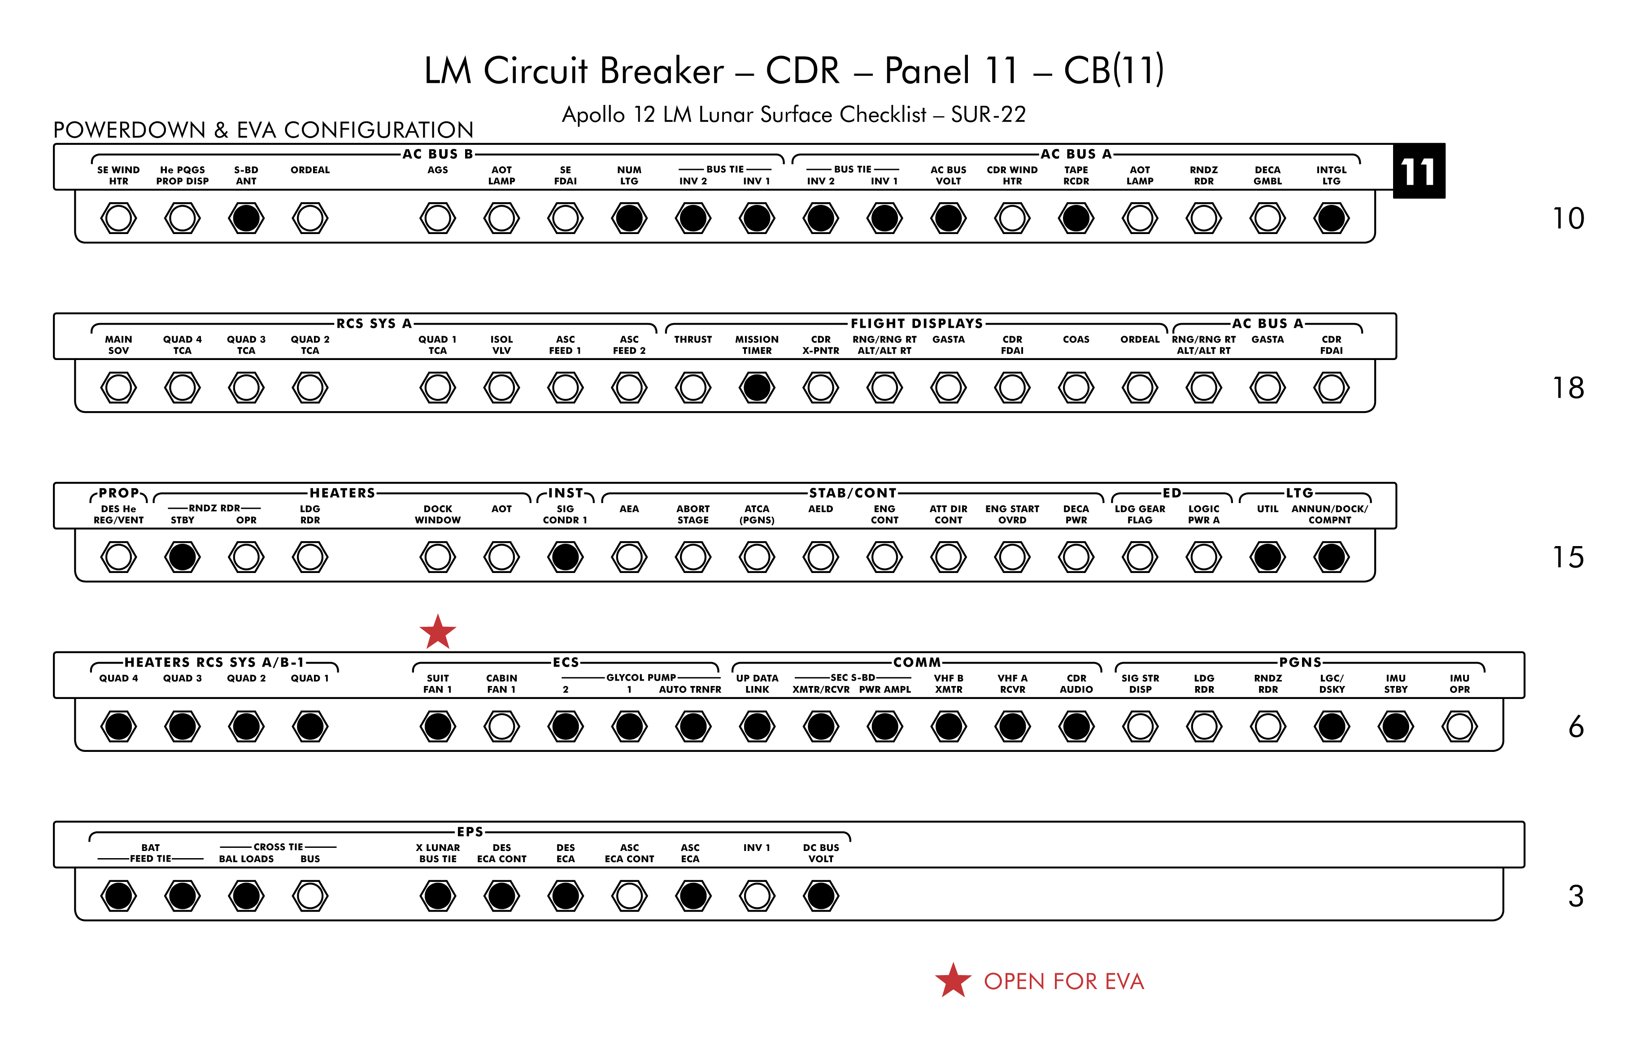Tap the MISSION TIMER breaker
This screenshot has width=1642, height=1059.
757,388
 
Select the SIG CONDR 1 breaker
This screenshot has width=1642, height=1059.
566,557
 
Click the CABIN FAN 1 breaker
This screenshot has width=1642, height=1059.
501,726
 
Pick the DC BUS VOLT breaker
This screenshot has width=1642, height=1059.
821,895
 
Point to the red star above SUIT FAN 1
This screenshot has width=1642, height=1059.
437,633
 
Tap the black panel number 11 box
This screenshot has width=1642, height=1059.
1419,171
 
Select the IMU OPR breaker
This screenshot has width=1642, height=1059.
1459,726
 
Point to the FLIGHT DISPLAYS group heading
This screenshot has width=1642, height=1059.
916,323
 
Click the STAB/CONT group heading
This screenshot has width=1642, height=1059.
853,493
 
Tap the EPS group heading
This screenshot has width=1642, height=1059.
470,831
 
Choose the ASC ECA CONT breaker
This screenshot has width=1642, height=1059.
629,895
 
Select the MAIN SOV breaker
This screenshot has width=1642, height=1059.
118,388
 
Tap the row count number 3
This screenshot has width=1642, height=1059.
1575,896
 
